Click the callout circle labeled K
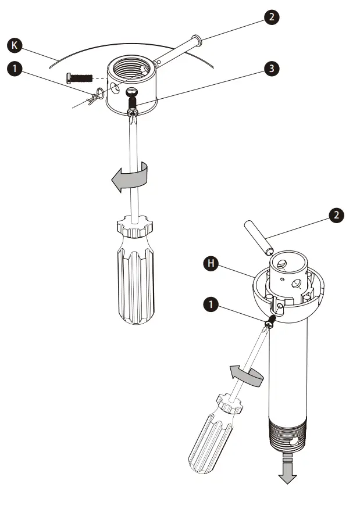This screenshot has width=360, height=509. (x=15, y=44)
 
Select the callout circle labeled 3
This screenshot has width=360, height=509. (x=270, y=68)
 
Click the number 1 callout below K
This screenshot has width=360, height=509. (x=15, y=69)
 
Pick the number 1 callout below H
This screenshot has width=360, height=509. (x=212, y=302)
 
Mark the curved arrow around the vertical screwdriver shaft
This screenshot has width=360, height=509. (x=130, y=177)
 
